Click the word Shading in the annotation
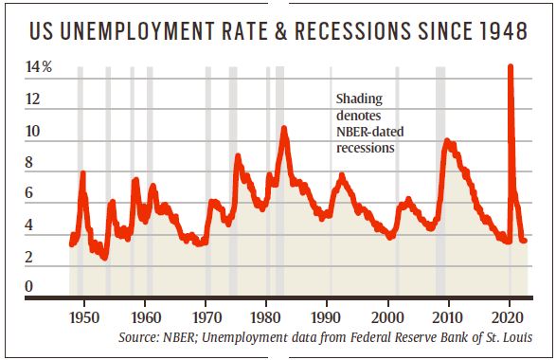(360, 99)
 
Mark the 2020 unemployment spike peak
(511, 66)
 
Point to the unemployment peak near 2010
(446, 140)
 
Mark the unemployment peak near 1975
(238, 154)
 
